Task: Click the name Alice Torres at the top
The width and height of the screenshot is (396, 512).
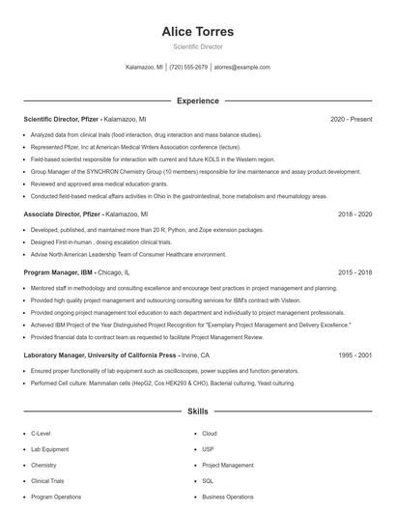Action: pyautogui.click(x=198, y=31)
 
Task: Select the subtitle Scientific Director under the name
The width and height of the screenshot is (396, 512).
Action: pyautogui.click(x=198, y=46)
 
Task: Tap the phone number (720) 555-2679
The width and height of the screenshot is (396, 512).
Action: pyautogui.click(x=188, y=68)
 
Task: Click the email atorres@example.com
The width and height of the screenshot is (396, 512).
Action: pyautogui.click(x=241, y=68)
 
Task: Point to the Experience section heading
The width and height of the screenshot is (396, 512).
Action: pyautogui.click(x=198, y=100)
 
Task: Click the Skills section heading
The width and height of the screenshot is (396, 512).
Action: pyautogui.click(x=198, y=412)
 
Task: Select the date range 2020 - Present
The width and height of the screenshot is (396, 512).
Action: pyautogui.click(x=352, y=119)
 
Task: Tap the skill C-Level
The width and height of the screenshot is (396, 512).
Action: pyautogui.click(x=42, y=434)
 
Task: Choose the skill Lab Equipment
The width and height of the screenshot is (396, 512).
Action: pyautogui.click(x=49, y=449)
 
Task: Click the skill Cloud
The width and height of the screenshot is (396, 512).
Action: pyautogui.click(x=210, y=434)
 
